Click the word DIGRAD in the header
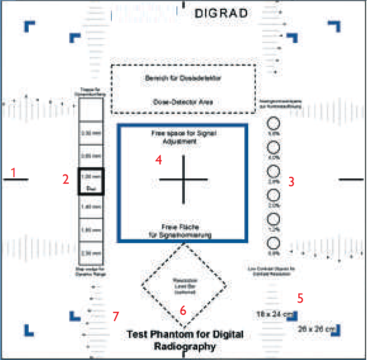pyautogui.click(x=221, y=13)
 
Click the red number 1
pyautogui.click(x=13, y=172)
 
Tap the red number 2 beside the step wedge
pyautogui.click(x=65, y=179)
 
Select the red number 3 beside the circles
pyautogui.click(x=291, y=182)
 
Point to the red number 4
pyautogui.click(x=159, y=160)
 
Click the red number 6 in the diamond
pyautogui.click(x=183, y=310)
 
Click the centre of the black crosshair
pyautogui.click(x=183, y=179)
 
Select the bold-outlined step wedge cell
pyautogui.click(x=91, y=181)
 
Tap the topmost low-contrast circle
pyautogui.click(x=273, y=124)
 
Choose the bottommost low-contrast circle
pyautogui.click(x=273, y=243)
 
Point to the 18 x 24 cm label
pyautogui.click(x=273, y=314)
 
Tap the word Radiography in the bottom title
pyautogui.click(x=185, y=347)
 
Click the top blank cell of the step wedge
pyautogui.click(x=91, y=109)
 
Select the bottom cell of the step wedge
pyautogui.click(x=91, y=253)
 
